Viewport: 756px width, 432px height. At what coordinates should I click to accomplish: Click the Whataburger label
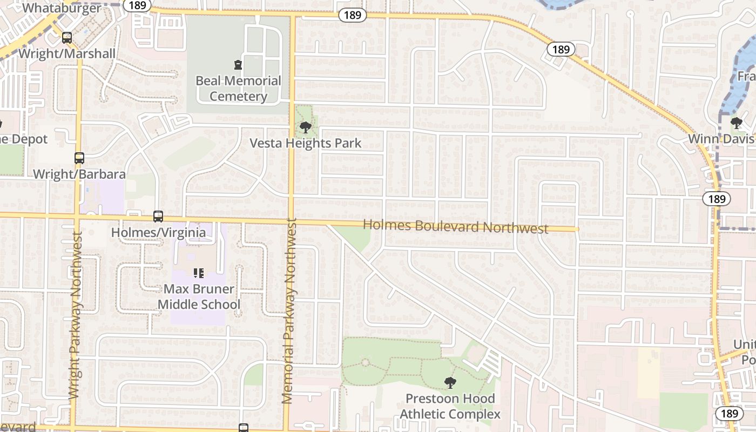click(x=62, y=8)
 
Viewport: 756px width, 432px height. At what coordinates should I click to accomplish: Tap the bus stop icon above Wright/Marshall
click(x=67, y=38)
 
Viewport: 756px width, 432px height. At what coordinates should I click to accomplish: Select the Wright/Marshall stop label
click(x=67, y=53)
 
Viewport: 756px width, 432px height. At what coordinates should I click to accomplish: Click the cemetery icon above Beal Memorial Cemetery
click(x=238, y=65)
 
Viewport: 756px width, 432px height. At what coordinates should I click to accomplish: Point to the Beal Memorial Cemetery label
click(x=238, y=89)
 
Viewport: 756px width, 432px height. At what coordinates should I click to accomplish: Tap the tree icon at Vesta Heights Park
click(x=306, y=127)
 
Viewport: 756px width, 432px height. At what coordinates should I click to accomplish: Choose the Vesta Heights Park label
click(x=305, y=144)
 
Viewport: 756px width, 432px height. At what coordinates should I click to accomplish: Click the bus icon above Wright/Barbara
click(x=79, y=158)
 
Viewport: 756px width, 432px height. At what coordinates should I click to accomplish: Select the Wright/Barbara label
click(x=79, y=174)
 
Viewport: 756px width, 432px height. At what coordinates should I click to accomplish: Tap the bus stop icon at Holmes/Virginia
click(x=158, y=217)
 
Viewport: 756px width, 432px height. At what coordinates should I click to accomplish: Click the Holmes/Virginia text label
click(x=158, y=232)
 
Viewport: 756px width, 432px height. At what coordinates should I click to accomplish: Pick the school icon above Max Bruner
click(x=199, y=273)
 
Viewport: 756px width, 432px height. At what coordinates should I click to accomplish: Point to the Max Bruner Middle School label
click(x=199, y=296)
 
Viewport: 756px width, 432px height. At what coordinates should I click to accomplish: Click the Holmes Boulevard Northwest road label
click(x=455, y=226)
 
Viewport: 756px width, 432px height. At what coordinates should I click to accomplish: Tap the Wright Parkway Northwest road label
click(x=76, y=316)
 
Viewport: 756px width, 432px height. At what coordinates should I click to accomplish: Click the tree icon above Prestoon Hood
click(x=450, y=383)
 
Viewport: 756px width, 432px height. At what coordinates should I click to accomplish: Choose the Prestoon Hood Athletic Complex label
click(x=450, y=406)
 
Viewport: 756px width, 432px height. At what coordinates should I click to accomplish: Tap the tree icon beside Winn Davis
click(x=736, y=123)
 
